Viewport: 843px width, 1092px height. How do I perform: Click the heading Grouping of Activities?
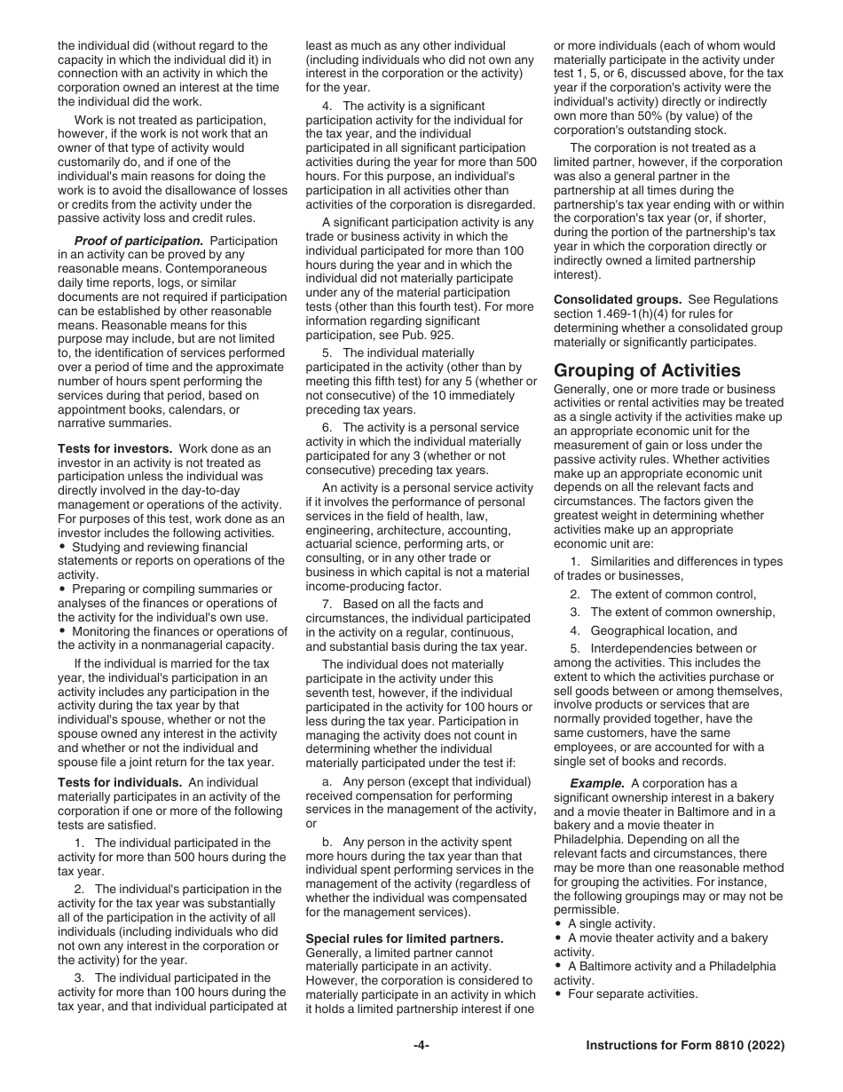click(647, 370)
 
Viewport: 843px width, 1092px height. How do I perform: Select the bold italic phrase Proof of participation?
click(138, 241)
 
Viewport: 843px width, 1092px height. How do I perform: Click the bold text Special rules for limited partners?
click(405, 938)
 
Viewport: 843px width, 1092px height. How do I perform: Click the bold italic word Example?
click(598, 783)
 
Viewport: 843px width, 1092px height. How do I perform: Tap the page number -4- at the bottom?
click(421, 1046)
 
